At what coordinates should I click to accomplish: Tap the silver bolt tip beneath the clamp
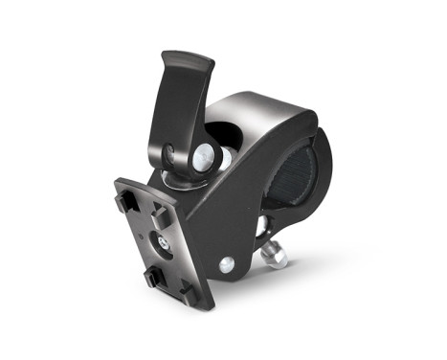[278, 258]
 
